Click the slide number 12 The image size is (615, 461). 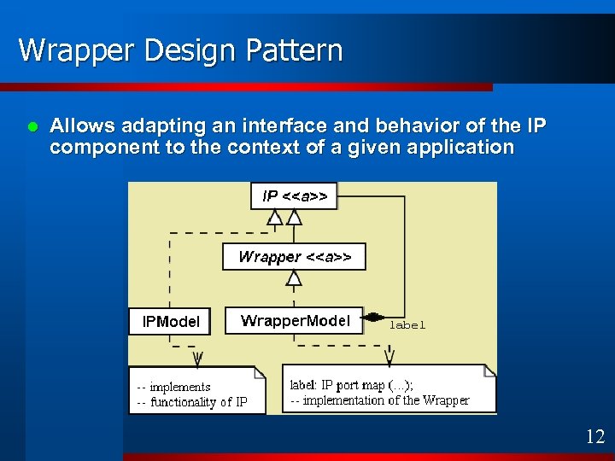pyautogui.click(x=594, y=437)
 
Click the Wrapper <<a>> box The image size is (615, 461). pyautogui.click(x=294, y=256)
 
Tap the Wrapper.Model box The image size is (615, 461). pyautogui.click(x=295, y=320)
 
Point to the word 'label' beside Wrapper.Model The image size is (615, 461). pyautogui.click(x=407, y=325)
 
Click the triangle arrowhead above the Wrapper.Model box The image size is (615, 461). pyautogui.click(x=294, y=277)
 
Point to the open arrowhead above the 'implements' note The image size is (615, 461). pyautogui.click(x=198, y=356)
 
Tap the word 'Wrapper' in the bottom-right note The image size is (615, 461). pyautogui.click(x=446, y=400)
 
